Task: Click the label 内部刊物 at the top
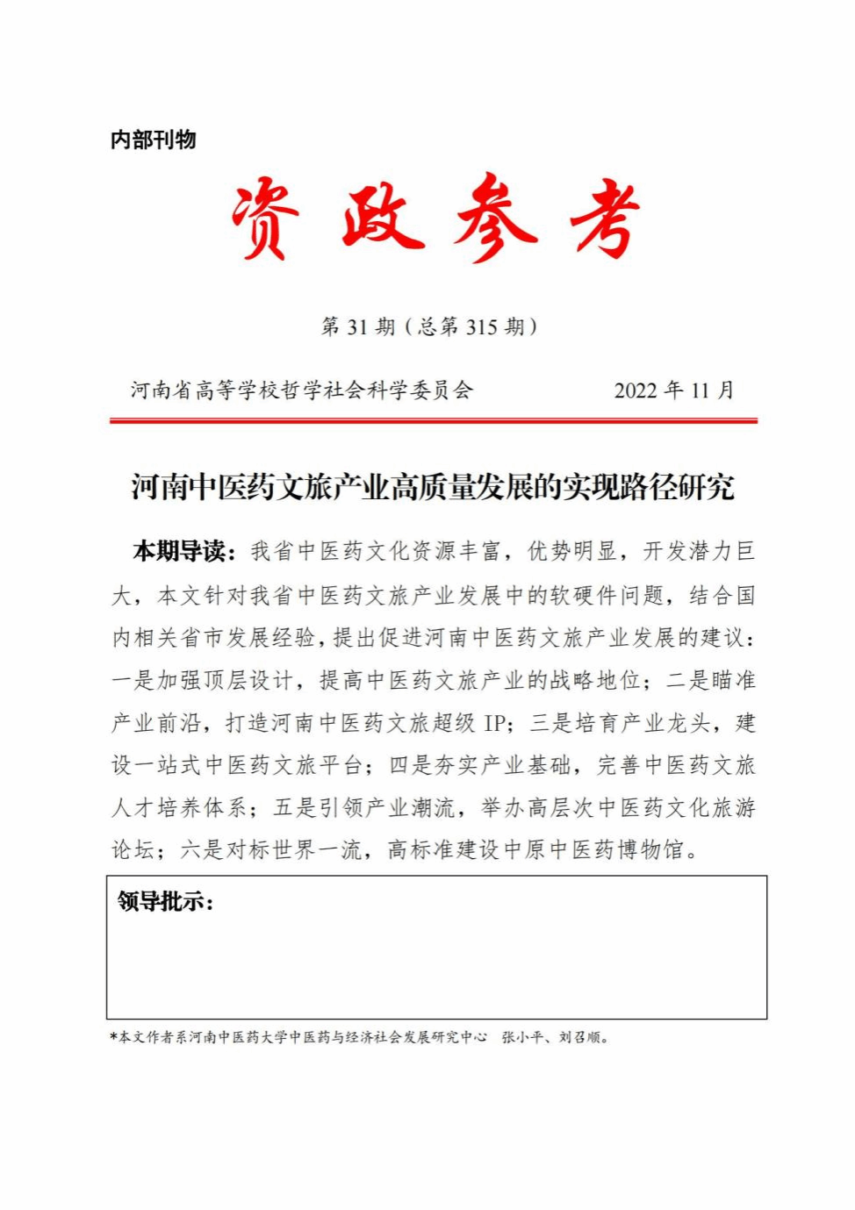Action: [153, 140]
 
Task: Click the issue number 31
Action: [357, 327]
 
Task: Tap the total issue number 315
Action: [481, 327]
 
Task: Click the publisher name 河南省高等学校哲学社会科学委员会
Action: [302, 390]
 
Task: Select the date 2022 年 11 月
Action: [673, 390]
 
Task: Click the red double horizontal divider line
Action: [433, 421]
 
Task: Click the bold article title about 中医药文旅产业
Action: [433, 486]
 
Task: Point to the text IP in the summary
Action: [494, 723]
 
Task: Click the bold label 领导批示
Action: [165, 901]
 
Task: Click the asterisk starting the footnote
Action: [114, 1037]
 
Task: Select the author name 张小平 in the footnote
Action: [521, 1037]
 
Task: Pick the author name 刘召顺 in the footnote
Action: [580, 1037]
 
